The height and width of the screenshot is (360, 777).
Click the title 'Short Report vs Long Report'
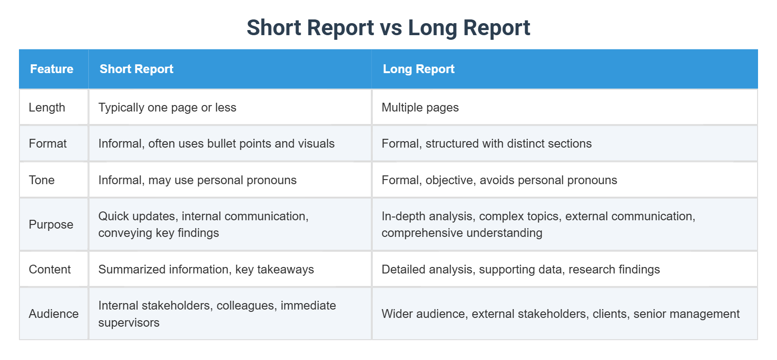point(388,28)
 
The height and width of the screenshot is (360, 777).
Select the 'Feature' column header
point(52,69)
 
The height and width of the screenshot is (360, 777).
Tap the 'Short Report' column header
point(136,69)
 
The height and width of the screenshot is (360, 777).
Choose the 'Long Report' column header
point(419,69)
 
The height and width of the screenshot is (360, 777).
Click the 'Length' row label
point(47,107)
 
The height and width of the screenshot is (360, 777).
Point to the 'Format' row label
point(48,143)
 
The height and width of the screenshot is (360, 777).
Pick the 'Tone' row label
point(42,180)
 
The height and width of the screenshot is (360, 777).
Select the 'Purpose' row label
point(51,224)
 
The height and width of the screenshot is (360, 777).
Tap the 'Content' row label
point(49,269)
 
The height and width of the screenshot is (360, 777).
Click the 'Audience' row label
point(54,314)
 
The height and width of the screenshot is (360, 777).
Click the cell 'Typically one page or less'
point(167,107)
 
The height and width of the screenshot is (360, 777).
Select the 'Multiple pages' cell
point(420,107)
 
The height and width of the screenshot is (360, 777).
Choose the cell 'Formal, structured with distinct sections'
point(487,143)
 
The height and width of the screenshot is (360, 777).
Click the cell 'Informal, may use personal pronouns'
point(197,180)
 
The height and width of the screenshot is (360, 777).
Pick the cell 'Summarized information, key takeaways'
point(206,269)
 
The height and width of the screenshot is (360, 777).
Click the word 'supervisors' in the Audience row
point(129,323)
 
